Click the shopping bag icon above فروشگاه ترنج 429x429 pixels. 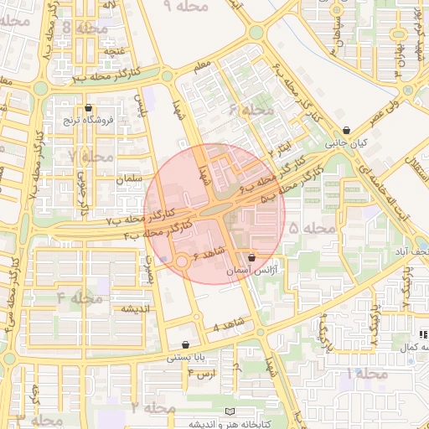(x=89, y=107)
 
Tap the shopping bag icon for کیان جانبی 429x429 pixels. (x=347, y=130)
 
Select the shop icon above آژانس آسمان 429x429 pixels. (x=251, y=258)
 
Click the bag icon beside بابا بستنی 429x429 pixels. (x=185, y=344)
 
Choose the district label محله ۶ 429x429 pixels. (x=251, y=111)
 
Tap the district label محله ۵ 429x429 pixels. (x=312, y=228)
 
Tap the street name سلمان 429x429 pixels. (x=120, y=180)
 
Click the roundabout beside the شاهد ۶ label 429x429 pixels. (x=182, y=262)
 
